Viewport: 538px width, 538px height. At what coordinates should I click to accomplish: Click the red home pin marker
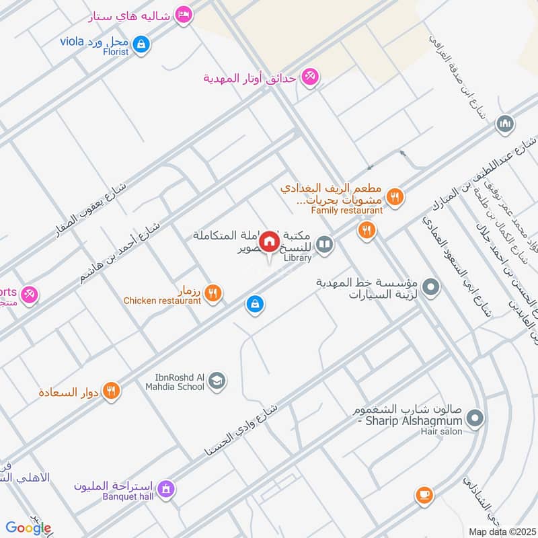270,241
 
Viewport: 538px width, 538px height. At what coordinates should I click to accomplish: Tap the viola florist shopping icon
141,45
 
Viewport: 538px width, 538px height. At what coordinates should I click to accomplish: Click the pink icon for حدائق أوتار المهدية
309,77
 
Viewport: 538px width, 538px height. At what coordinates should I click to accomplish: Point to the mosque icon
505,124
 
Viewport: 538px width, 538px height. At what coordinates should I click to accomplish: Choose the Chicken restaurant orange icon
213,292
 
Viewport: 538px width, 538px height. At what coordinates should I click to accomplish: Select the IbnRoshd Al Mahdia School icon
217,382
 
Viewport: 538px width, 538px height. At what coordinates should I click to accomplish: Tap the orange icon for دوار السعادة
112,390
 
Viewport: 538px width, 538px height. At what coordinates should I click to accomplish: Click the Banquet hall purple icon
167,488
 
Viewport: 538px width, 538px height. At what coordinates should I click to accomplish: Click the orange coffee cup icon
424,495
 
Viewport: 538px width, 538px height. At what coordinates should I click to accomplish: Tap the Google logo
28,528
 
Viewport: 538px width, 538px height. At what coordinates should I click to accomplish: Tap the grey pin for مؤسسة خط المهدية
431,288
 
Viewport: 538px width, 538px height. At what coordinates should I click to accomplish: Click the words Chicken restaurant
162,301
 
